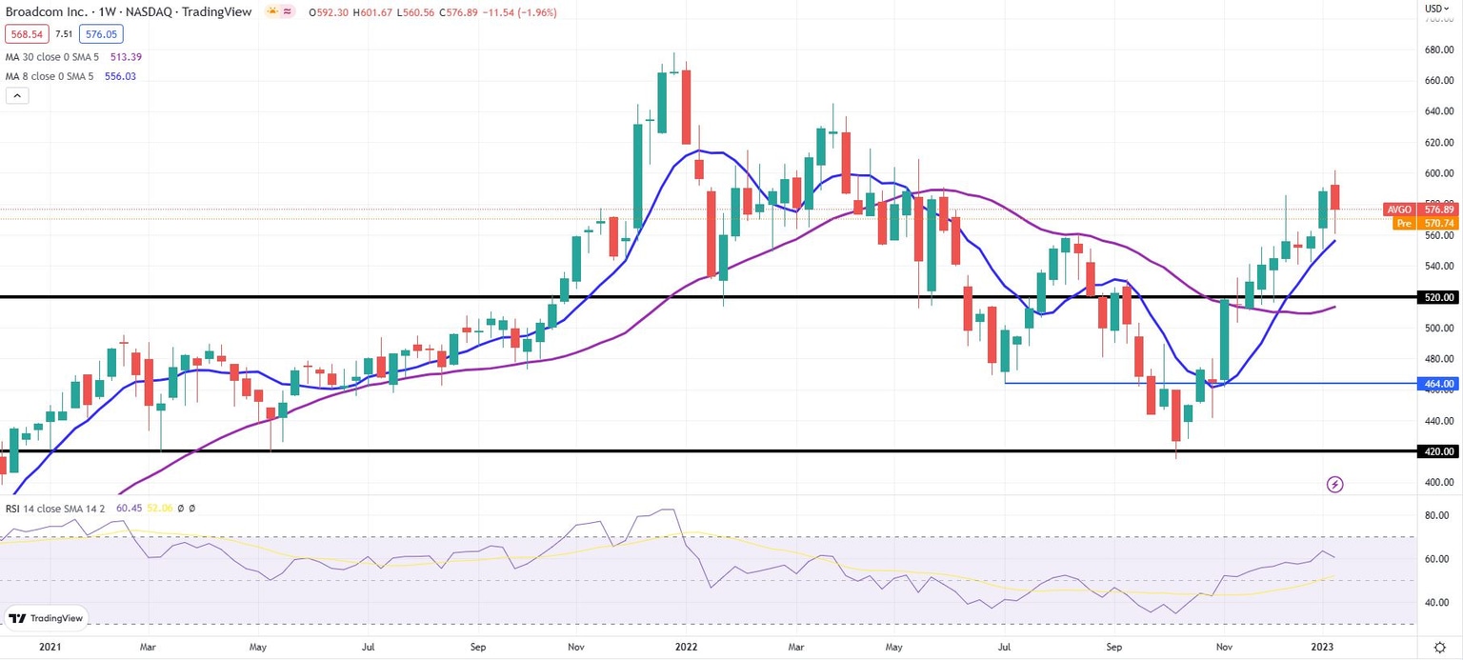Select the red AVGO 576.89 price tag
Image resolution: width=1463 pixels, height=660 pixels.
(1422, 210)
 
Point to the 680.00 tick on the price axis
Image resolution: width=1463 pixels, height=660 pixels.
(1438, 50)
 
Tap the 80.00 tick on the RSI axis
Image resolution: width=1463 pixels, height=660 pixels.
(1437, 516)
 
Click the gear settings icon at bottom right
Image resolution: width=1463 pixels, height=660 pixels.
(1439, 646)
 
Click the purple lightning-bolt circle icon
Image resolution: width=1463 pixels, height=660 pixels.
(1334, 485)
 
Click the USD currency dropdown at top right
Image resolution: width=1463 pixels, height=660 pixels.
(1436, 9)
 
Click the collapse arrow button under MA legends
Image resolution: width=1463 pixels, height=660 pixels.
(17, 95)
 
